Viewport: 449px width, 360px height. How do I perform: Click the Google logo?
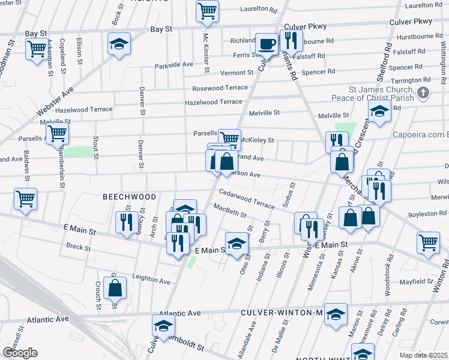[x=20, y=353]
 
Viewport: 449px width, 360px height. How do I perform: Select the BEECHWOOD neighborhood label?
[x=129, y=197]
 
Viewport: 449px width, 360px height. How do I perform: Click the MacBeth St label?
[x=231, y=211]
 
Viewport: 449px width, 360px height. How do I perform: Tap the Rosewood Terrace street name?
[x=220, y=88]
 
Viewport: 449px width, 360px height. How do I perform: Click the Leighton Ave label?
[x=152, y=280]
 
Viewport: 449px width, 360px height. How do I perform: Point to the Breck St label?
[x=78, y=247]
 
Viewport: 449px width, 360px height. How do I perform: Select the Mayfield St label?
[x=418, y=281]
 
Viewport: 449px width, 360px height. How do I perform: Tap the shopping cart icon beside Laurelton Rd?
[x=207, y=10]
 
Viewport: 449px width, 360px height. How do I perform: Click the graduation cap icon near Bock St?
[x=119, y=44]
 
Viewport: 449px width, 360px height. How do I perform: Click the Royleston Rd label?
[x=427, y=214]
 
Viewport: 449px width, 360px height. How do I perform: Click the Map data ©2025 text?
[x=423, y=355]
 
